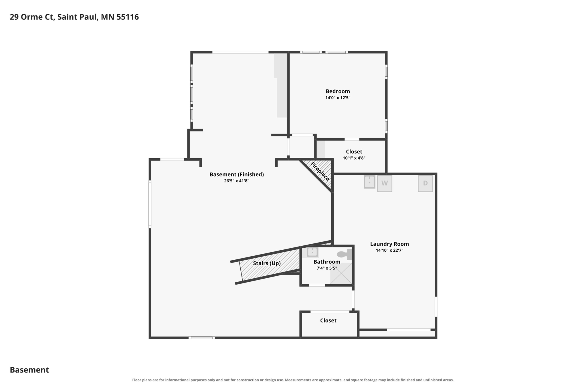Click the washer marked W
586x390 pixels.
[x=385, y=183]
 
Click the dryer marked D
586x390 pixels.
[x=425, y=183]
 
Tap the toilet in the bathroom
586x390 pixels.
[x=345, y=254]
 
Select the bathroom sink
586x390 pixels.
[x=312, y=252]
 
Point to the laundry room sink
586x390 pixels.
[x=369, y=182]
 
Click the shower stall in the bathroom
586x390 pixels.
[x=341, y=273]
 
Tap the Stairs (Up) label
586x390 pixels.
[x=267, y=263]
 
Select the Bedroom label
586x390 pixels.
[x=338, y=91]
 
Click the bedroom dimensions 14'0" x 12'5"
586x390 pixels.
[x=338, y=98]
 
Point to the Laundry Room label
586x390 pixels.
[x=389, y=244]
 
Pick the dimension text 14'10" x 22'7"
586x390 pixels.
[x=389, y=250]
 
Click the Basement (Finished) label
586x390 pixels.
[x=237, y=174]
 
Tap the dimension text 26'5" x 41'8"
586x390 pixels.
[x=237, y=181]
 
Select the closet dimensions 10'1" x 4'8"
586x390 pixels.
[x=354, y=158]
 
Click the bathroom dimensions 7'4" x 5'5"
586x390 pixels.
[x=327, y=268]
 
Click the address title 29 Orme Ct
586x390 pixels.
[x=32, y=17]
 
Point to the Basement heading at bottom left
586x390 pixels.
[x=29, y=370]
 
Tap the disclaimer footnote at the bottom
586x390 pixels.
[x=293, y=380]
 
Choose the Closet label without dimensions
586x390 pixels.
[x=328, y=321]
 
